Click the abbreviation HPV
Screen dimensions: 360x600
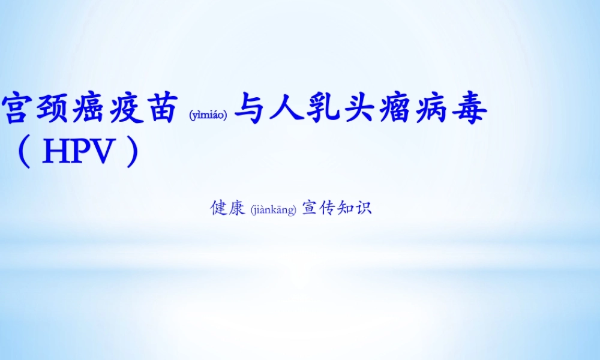(x=78, y=154)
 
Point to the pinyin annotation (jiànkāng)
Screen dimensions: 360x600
(x=274, y=210)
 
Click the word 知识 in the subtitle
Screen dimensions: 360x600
(x=355, y=208)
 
